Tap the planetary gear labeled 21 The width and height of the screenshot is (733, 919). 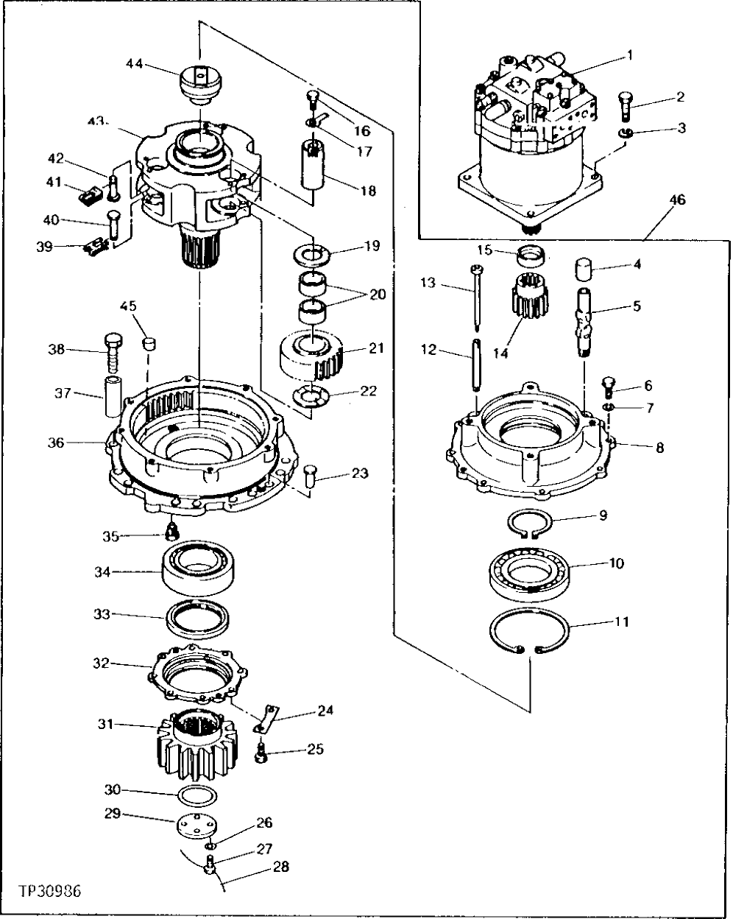point(312,356)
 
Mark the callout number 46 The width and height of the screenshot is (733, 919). point(677,200)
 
